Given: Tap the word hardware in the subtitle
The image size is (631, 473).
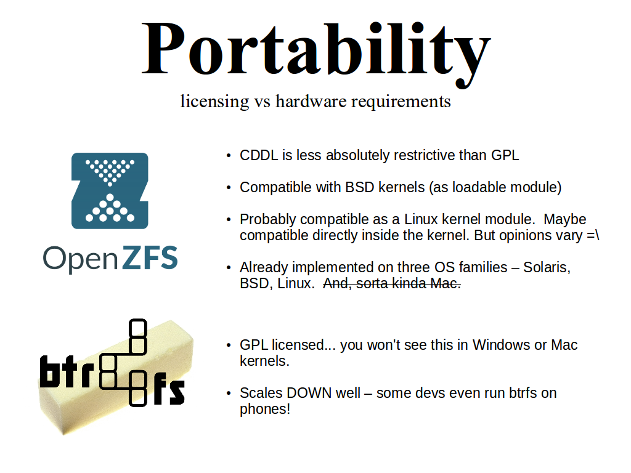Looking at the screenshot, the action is (x=311, y=101).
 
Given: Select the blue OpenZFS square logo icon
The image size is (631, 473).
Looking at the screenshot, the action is (x=110, y=191).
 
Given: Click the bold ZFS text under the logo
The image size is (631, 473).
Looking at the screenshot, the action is (x=149, y=257).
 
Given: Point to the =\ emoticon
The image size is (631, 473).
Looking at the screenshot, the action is (x=593, y=236).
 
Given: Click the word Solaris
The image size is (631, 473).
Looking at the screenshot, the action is (x=547, y=268).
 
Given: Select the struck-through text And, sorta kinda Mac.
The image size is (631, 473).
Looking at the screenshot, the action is (x=391, y=283).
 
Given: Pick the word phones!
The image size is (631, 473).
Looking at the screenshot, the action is (x=265, y=410).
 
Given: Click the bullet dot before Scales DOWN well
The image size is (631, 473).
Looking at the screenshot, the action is (x=229, y=394).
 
